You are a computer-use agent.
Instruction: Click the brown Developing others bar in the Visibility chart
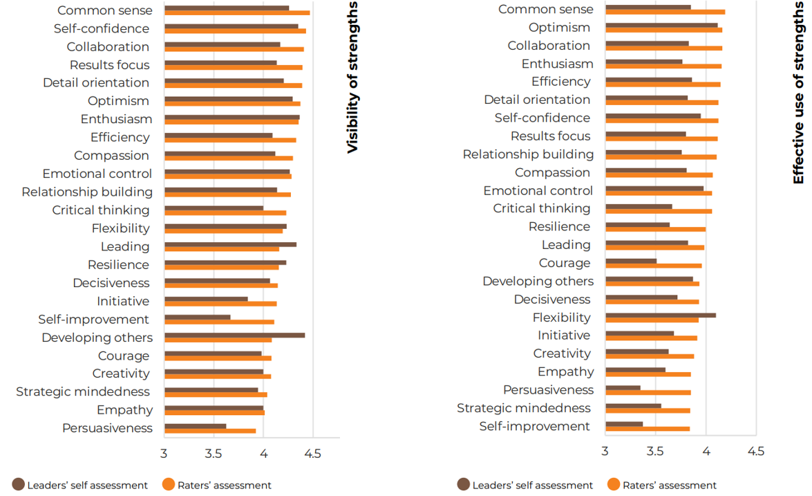point(234,335)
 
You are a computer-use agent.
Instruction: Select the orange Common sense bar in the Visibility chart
point(237,12)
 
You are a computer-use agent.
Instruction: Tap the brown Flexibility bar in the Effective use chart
point(661,315)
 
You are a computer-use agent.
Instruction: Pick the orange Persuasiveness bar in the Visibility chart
point(210,431)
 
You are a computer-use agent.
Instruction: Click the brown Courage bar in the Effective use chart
point(631,261)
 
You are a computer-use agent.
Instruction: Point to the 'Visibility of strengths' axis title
point(352,77)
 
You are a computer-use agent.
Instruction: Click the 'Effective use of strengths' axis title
point(799,92)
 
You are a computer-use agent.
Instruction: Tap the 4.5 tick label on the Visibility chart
point(312,453)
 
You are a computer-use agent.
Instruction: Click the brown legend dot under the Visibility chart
point(19,484)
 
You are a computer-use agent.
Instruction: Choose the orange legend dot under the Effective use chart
point(613,484)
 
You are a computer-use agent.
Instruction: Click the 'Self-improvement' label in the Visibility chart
point(93,319)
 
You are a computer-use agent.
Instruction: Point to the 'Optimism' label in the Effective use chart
point(559,28)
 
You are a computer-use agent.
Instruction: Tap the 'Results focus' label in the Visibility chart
point(109,65)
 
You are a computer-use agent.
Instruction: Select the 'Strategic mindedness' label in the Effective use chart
point(523,408)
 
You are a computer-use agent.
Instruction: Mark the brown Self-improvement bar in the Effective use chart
point(624,424)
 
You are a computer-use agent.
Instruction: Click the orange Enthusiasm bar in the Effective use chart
point(663,66)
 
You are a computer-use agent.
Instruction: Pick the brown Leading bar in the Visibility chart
point(230,244)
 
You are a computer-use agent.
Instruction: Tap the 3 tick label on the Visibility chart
point(164,453)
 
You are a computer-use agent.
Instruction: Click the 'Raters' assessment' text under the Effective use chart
point(669,485)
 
